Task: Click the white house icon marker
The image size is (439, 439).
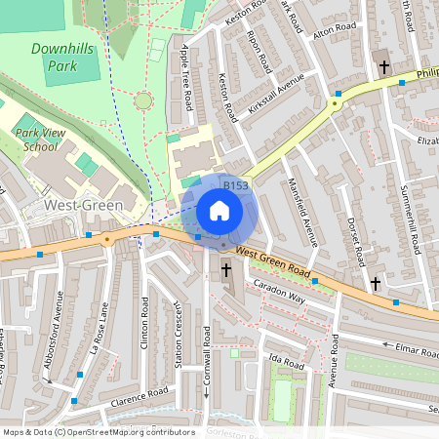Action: pos(219,210)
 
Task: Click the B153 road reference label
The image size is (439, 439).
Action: pos(236,185)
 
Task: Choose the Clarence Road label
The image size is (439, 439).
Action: pos(139,395)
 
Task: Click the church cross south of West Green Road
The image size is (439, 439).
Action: pos(226,268)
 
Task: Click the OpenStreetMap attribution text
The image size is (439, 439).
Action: pos(98,432)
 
